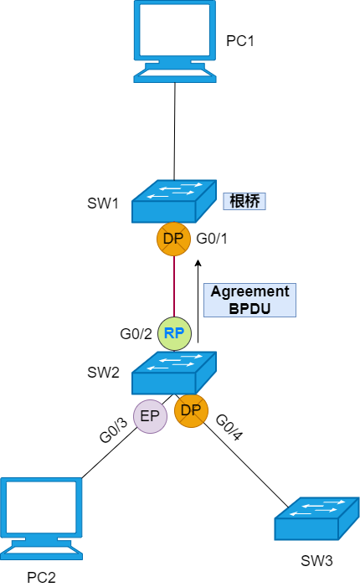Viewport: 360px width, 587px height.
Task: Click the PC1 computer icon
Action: coord(175,41)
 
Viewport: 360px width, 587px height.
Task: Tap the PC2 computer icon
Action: coord(41,518)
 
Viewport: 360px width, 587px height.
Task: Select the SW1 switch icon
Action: coord(174,202)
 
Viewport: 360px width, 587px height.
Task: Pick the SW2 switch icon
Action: coord(174,373)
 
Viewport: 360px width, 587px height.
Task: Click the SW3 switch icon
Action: coord(317,518)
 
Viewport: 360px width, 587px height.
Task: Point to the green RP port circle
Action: coord(174,333)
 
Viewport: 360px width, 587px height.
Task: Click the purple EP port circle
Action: coord(150,416)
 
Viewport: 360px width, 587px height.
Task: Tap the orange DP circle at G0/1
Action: coord(173,239)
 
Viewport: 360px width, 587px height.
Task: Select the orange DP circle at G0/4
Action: coord(191,410)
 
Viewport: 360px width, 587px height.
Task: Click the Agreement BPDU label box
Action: coord(249,301)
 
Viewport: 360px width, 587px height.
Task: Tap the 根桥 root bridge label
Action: coord(244,202)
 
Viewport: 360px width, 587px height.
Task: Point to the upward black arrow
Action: coord(198,301)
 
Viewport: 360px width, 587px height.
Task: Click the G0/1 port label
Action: coord(212,239)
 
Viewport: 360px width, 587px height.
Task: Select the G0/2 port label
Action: coord(136,333)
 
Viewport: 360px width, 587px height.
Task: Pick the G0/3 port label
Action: coord(113,430)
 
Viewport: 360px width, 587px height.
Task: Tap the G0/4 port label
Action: coord(229,427)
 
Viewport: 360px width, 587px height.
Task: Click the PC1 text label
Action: coord(240,40)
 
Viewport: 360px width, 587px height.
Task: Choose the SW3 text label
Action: coord(316,561)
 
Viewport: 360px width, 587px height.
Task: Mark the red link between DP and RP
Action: coord(174,286)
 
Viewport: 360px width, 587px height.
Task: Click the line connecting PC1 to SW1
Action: coord(174,131)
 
